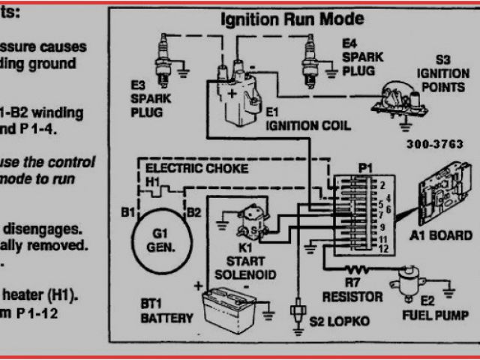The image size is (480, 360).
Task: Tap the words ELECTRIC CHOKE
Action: [196, 169]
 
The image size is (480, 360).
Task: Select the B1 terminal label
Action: [127, 212]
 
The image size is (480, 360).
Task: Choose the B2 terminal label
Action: [193, 212]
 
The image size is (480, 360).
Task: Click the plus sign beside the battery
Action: [199, 286]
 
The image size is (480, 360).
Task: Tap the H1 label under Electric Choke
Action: [152, 182]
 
